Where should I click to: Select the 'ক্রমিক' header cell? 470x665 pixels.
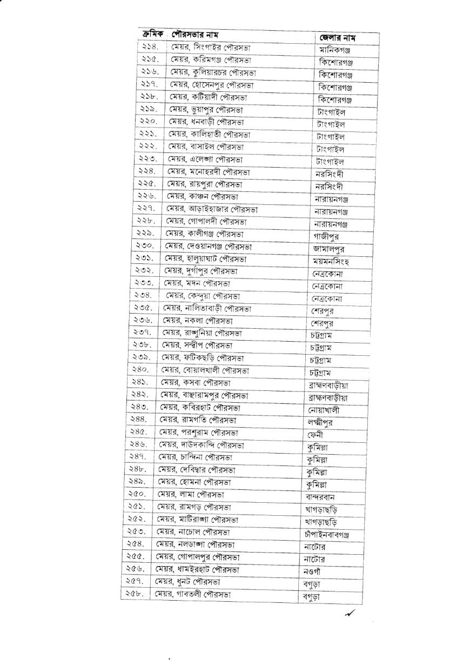pyautogui.click(x=153, y=33)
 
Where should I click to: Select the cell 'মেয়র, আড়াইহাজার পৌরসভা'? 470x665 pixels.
pyautogui.click(x=212, y=208)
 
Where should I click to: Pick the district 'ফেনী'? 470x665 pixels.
pyautogui.click(x=317, y=435)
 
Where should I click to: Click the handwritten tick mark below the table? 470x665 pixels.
pyautogui.click(x=351, y=612)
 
